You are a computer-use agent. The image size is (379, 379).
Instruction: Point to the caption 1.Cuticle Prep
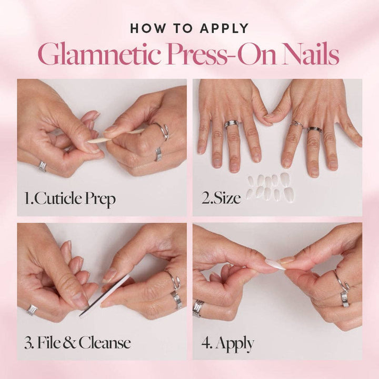coord(70,199)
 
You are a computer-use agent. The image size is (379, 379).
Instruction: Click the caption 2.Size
coord(220,199)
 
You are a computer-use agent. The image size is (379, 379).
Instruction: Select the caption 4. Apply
coord(227,344)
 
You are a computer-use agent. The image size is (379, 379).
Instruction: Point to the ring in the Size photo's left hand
coord(231,124)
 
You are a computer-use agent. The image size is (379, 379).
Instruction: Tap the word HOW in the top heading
coord(149,28)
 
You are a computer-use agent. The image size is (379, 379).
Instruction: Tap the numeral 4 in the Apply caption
coord(206,344)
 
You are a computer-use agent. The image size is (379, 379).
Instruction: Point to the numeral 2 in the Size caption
coord(205,199)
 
